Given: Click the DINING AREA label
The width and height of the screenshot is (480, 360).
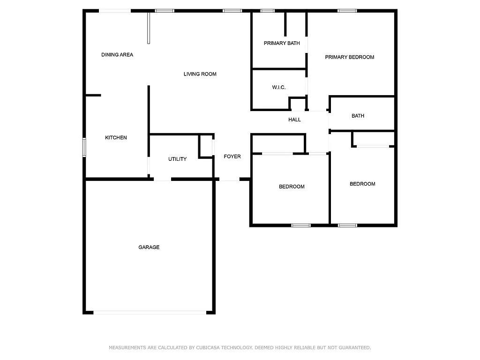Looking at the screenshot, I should click(117, 55).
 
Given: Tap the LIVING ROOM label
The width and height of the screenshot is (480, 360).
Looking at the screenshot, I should click(200, 74).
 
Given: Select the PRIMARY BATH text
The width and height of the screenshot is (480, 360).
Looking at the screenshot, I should click(282, 44).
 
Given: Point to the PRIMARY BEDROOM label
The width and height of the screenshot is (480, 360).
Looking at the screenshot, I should click(350, 57).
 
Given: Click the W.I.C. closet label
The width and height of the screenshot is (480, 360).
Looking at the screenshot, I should click(279, 88).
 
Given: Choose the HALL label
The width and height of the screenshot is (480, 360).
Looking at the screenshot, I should click(294, 120).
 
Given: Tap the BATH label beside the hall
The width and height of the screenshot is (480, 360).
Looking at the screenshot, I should click(358, 116).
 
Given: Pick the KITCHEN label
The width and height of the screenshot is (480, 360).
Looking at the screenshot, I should click(116, 138).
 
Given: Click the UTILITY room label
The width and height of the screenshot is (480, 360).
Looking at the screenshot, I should click(177, 159).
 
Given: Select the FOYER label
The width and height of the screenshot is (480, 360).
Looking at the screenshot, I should click(232, 157).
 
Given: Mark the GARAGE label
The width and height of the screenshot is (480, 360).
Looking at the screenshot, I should click(149, 247).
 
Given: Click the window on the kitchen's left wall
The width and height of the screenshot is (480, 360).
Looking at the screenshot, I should click(84, 146).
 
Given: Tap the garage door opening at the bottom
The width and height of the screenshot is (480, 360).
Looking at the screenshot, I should click(149, 312).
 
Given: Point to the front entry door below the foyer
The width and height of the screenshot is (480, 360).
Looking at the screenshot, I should click(229, 180).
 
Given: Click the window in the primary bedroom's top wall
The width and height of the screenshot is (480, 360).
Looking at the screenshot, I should click(347, 11).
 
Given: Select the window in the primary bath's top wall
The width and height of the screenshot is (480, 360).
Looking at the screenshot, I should click(267, 11).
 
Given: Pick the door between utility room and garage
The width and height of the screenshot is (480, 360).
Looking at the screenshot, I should click(163, 179).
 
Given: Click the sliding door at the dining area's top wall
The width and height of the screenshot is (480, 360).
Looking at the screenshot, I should click(114, 11).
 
